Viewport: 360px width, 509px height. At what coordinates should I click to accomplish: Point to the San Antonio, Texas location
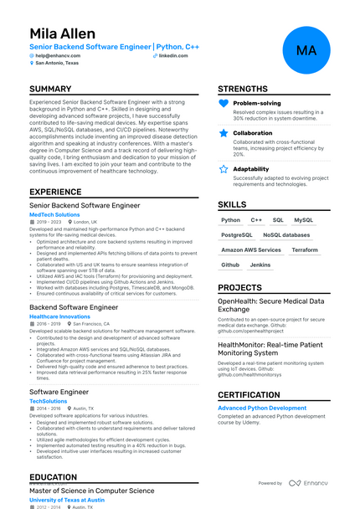coord(57,63)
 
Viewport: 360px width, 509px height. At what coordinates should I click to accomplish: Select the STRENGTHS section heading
coord(244,89)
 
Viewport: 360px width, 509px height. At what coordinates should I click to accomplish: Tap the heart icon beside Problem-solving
coord(224,103)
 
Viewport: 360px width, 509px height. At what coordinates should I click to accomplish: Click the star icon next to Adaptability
coord(224,168)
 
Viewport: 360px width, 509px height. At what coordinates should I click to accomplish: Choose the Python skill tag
coord(230,220)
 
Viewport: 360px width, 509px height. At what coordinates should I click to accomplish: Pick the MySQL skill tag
coord(303,220)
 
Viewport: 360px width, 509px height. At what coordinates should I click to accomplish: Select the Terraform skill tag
coord(305,249)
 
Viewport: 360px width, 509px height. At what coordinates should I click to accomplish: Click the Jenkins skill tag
coord(260,265)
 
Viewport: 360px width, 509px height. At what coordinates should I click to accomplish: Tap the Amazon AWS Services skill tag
coord(251,249)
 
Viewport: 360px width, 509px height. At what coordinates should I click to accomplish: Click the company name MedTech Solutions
coord(53,214)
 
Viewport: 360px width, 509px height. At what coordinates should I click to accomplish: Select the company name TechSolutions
coord(48,401)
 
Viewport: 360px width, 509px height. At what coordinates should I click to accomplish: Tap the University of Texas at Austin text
coord(67,500)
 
